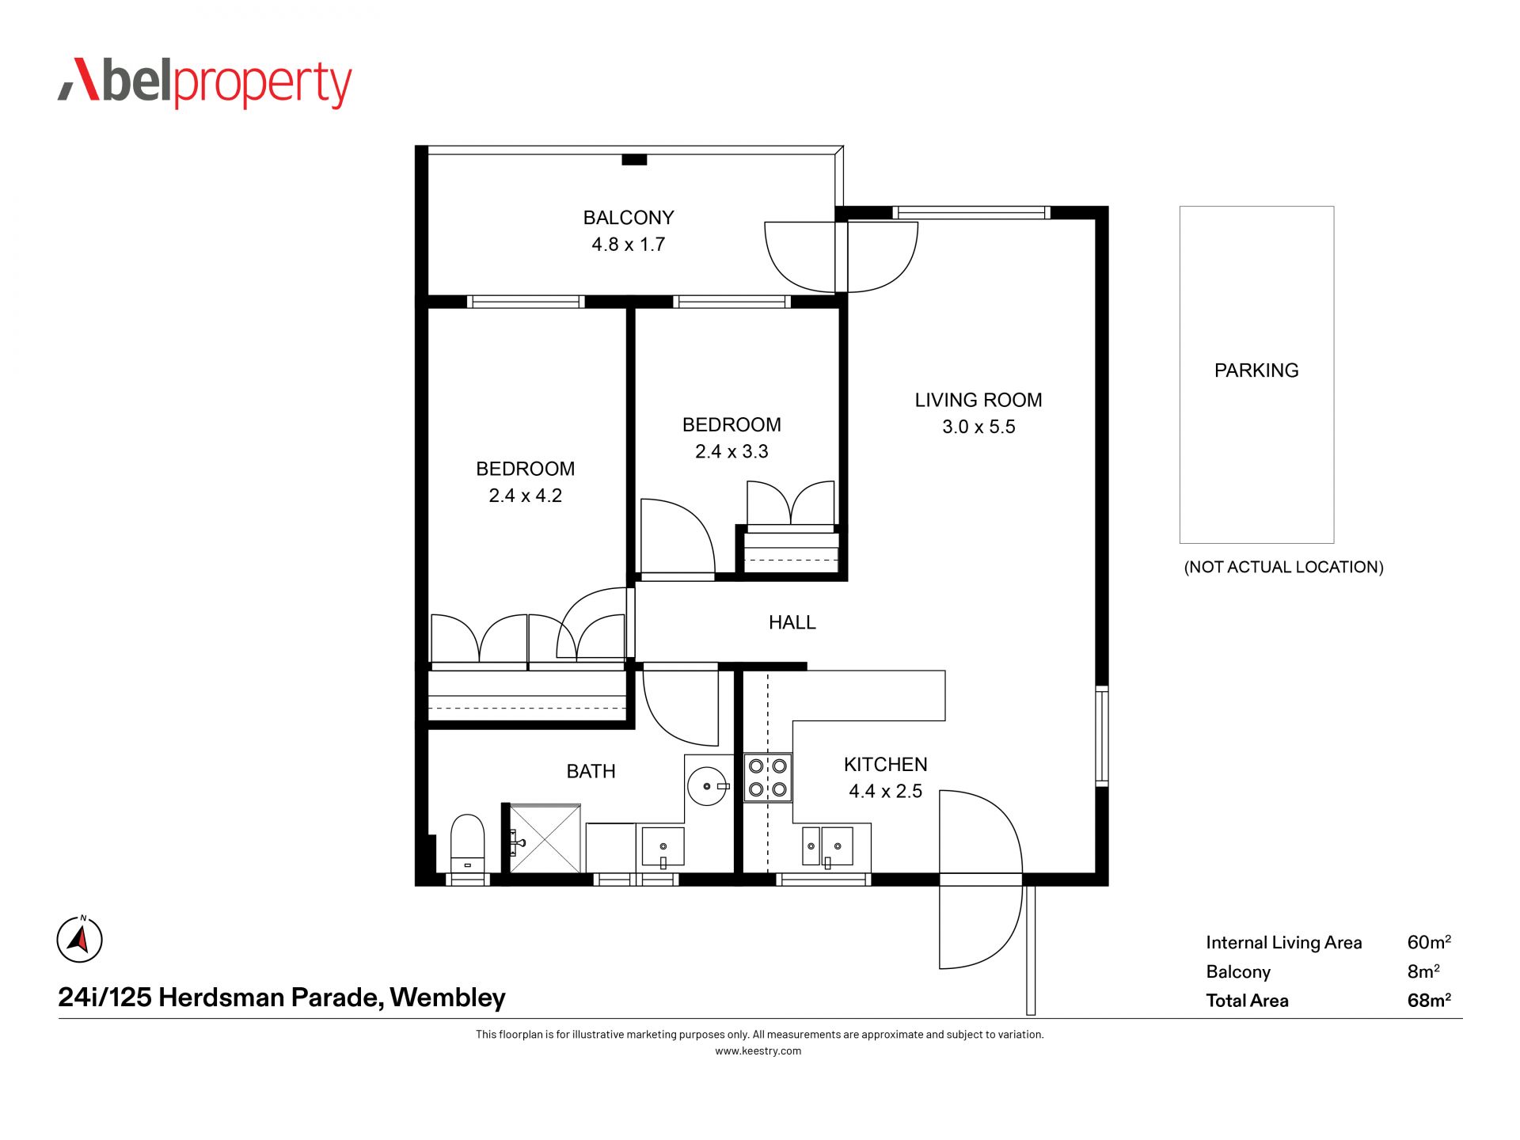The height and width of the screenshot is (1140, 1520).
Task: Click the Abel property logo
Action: tap(204, 82)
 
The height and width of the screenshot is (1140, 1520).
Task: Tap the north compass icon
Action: tap(80, 940)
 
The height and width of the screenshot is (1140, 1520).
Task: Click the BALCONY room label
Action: tap(629, 217)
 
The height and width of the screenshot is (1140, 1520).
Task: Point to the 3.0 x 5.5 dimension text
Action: tap(978, 427)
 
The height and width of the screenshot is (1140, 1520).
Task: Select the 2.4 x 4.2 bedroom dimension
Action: tap(526, 496)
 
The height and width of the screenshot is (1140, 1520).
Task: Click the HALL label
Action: tap(792, 622)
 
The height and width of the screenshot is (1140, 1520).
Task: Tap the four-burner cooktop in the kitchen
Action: tap(768, 777)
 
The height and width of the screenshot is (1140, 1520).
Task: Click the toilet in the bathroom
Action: tap(467, 844)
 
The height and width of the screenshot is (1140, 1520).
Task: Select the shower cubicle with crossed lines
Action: tap(545, 838)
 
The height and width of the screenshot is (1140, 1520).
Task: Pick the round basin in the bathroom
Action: tap(707, 786)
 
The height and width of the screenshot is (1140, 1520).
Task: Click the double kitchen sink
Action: tap(827, 845)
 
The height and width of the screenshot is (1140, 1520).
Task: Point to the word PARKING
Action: tap(1256, 370)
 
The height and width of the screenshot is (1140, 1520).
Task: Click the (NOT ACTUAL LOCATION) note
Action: tap(1283, 567)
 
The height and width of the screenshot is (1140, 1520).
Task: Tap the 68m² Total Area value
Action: tap(1429, 1000)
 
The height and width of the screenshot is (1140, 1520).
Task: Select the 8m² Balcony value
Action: tap(1423, 971)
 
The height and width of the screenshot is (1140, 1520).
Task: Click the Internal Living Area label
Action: tap(1283, 943)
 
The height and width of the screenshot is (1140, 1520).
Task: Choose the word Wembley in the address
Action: tap(447, 997)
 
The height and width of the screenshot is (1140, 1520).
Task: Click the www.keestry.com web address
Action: tap(758, 1051)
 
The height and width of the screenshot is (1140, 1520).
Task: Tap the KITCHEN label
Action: tap(885, 765)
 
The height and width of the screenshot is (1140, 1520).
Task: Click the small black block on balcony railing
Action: tap(634, 160)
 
